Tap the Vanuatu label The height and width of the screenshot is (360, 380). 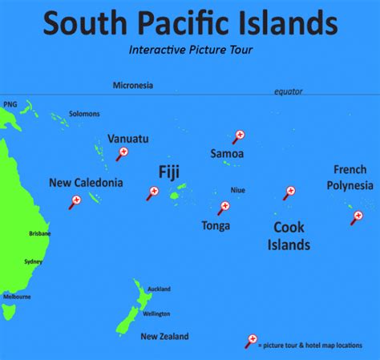click(127, 139)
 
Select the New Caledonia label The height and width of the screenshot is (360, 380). click(87, 183)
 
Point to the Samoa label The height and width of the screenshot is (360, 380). click(227, 153)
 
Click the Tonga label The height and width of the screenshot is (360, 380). click(216, 225)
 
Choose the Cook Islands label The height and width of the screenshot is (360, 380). click(288, 236)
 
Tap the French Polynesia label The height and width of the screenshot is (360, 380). click(350, 177)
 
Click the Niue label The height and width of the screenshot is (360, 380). click(237, 190)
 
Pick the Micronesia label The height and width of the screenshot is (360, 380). click(133, 85)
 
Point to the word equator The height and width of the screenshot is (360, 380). click(288, 92)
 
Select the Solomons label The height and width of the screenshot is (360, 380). click(84, 114)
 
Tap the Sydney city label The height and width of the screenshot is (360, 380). click(33, 261)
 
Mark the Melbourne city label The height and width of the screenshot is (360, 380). click(17, 297)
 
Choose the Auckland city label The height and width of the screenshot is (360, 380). click(159, 289)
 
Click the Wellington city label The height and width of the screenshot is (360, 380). click(156, 313)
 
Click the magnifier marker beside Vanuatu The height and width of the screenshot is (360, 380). click(123, 152)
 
